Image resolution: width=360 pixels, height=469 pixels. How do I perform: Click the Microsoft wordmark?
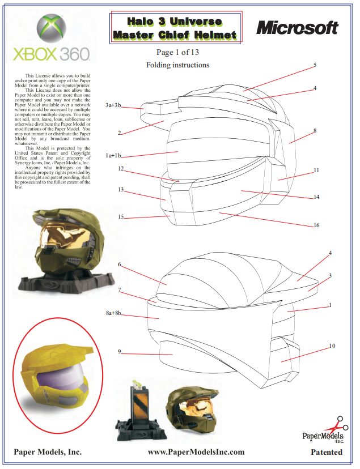(297, 27)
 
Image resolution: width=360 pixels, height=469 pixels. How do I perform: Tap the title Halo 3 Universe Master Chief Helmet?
(175, 28)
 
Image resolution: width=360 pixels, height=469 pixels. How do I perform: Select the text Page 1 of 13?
(177, 53)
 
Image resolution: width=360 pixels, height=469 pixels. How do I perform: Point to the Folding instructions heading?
(177, 65)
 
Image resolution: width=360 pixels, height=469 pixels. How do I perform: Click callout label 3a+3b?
(113, 105)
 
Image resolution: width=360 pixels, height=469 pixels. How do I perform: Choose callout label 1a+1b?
(113, 155)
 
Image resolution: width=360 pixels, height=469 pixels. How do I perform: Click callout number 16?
(316, 225)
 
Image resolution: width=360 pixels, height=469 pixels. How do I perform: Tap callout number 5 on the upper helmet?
(315, 65)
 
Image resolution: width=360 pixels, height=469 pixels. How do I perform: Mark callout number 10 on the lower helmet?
(332, 346)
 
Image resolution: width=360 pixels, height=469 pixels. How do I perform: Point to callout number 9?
(119, 352)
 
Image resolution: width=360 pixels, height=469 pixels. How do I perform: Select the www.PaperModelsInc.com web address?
(196, 452)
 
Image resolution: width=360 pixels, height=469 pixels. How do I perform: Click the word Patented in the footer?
(327, 452)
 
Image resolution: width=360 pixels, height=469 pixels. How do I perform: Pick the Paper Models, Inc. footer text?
(48, 452)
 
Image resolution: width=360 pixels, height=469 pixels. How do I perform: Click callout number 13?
(121, 190)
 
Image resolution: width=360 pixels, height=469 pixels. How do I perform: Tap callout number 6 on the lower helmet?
(120, 265)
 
